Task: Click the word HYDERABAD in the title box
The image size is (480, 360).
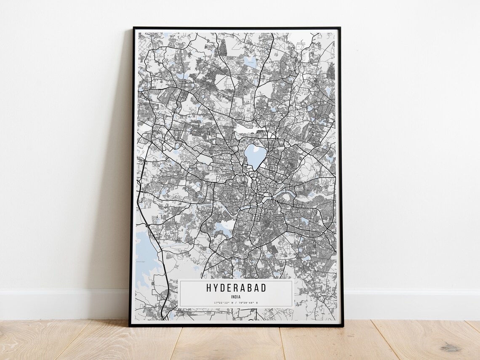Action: coord(236,288)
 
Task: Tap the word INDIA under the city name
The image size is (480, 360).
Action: coord(236,296)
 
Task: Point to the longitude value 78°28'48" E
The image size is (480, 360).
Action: coord(248,302)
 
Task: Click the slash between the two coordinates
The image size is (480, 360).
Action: coord(236,302)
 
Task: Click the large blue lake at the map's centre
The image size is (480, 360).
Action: coord(255,156)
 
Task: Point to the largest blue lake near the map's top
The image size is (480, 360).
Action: coord(250,62)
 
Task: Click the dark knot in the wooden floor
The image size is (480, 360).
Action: coord(451,348)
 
